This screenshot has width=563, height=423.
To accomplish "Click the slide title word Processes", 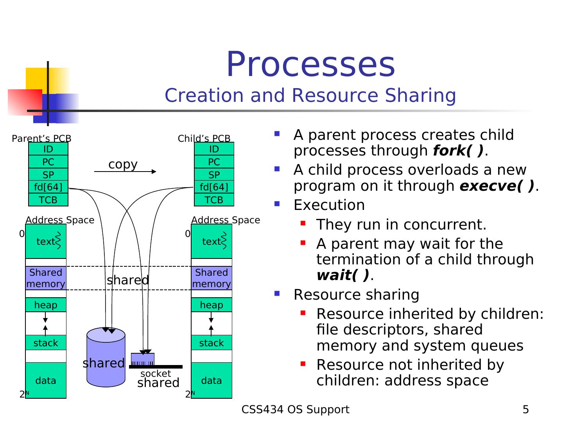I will pyautogui.click(x=310, y=64).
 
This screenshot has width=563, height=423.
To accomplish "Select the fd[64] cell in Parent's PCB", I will pyautogui.click(x=48, y=187).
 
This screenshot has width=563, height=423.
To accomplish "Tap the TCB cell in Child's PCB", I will pyautogui.click(x=214, y=200).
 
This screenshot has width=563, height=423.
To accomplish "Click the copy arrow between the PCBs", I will pyautogui.click(x=125, y=171).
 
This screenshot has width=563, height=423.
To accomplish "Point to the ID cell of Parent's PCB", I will pyautogui.click(x=48, y=149).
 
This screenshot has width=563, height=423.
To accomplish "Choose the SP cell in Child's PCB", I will pyautogui.click(x=214, y=175).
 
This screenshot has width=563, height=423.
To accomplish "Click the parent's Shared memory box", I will pyautogui.click(x=46, y=278).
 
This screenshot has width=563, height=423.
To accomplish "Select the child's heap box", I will pyautogui.click(x=212, y=305).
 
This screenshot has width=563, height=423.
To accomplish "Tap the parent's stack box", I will pyautogui.click(x=46, y=343).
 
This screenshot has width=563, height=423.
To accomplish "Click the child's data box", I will pyautogui.click(x=212, y=380).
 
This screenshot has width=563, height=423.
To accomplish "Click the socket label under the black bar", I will pyautogui.click(x=156, y=374).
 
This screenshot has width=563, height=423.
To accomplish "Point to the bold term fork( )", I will pyautogui.click(x=458, y=151).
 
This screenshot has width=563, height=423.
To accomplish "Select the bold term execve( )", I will pyautogui.click(x=497, y=186).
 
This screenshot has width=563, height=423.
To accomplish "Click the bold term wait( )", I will pyautogui.click(x=342, y=275).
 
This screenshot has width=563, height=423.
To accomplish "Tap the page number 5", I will pyautogui.click(x=525, y=410).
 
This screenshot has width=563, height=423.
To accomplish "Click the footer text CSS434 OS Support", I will pyautogui.click(x=295, y=410).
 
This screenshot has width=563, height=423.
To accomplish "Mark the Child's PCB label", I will pyautogui.click(x=204, y=138).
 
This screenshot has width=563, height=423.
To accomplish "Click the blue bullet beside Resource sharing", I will pyautogui.click(x=277, y=293).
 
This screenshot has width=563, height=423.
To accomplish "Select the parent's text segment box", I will pyautogui.click(x=46, y=241).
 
